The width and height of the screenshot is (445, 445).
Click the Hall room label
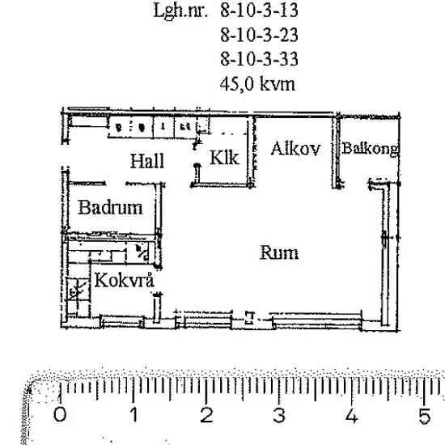pyautogui.click(x=147, y=161)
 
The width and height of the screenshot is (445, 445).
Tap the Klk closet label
pyautogui.click(x=224, y=157)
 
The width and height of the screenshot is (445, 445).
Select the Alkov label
pyautogui.click(x=295, y=148)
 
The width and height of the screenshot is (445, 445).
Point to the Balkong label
pyautogui.click(x=371, y=149)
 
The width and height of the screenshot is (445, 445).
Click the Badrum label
pyautogui.click(x=110, y=207)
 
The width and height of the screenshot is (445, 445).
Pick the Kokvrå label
pyautogui.click(x=124, y=280)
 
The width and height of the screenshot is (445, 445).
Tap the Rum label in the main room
pyautogui.click(x=279, y=252)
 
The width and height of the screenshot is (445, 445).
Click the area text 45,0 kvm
pyautogui.click(x=257, y=84)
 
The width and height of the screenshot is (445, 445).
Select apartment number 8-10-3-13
pyautogui.click(x=259, y=11)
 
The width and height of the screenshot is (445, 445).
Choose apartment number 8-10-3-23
pyautogui.click(x=259, y=35)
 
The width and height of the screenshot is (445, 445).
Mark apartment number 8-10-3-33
pyautogui.click(x=259, y=59)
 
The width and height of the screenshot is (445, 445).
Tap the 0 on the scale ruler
pyautogui.click(x=60, y=414)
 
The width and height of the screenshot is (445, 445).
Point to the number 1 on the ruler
pyautogui.click(x=134, y=414)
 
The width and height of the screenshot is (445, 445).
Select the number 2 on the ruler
pyautogui.click(x=206, y=414)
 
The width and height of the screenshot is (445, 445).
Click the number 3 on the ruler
pyautogui.click(x=279, y=414)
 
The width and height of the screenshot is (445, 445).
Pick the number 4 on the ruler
pyautogui.click(x=352, y=414)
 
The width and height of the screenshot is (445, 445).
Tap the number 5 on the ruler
pyautogui.click(x=425, y=414)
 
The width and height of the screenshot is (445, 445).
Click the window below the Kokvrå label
pyautogui.click(x=123, y=322)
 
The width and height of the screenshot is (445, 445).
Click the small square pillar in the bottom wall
pyautogui.click(x=249, y=317)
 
